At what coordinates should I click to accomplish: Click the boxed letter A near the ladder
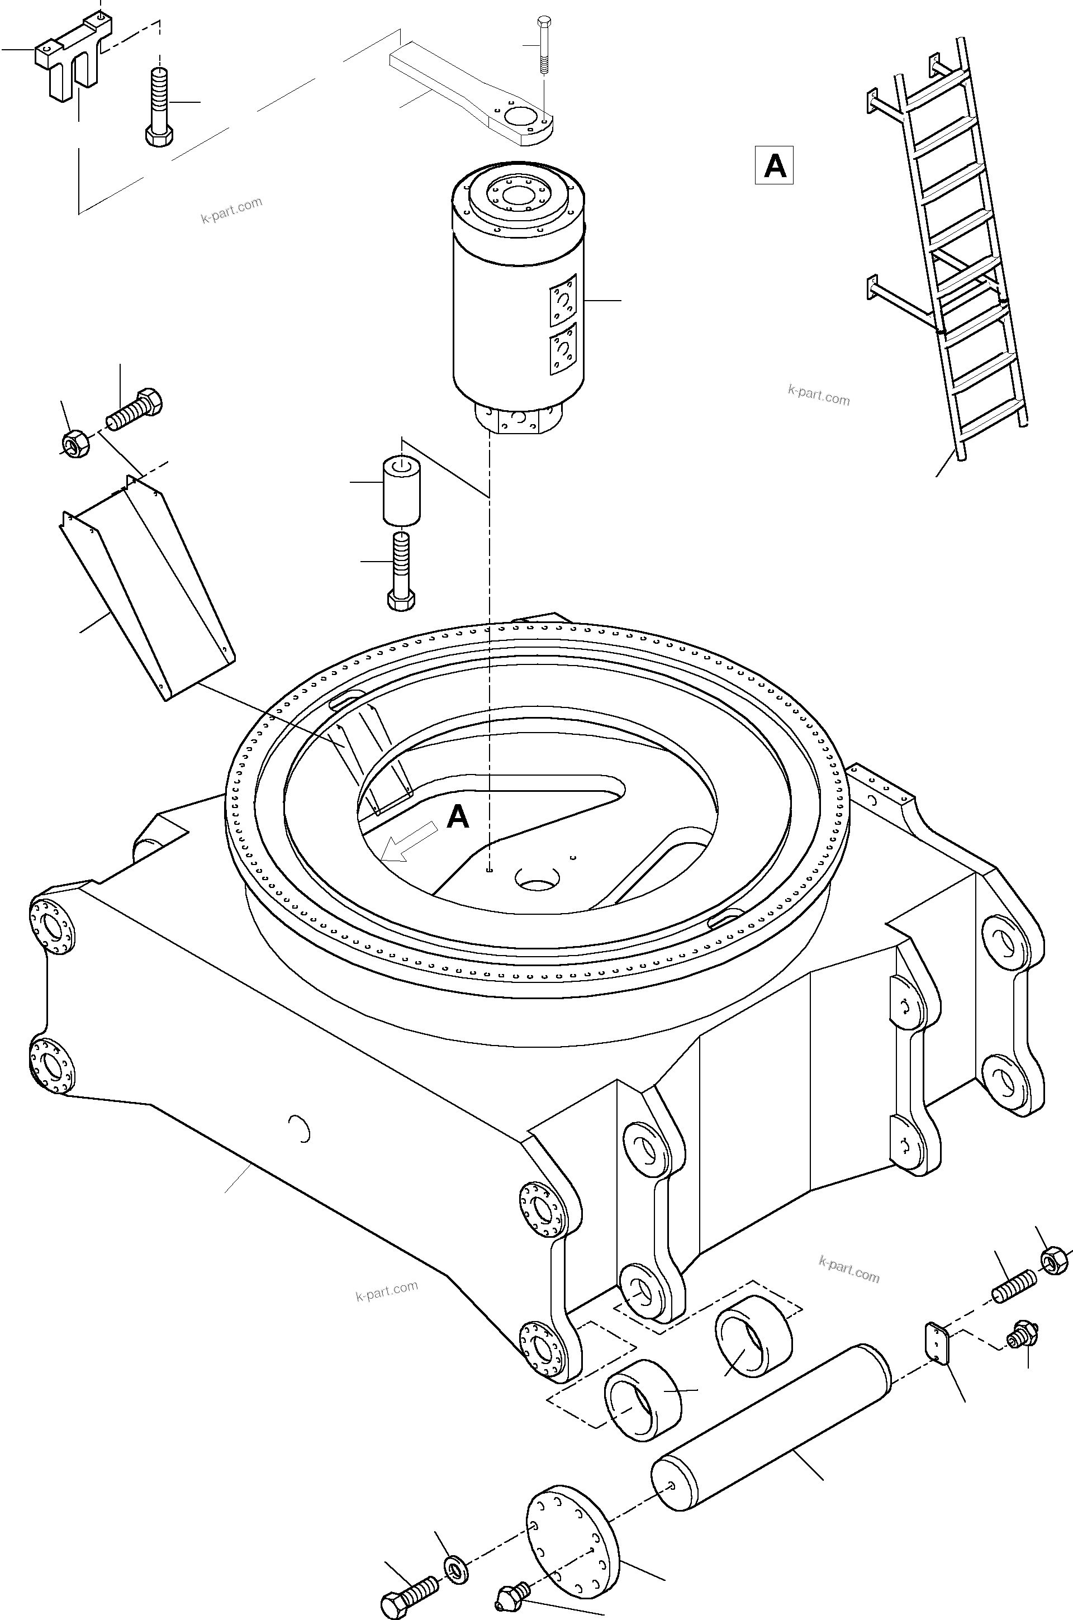tap(774, 165)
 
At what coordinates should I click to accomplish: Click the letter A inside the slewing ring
tap(457, 817)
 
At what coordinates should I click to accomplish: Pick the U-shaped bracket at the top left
tap(73, 59)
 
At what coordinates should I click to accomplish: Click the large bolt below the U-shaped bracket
tap(159, 106)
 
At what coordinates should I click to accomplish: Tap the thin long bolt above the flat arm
tap(543, 45)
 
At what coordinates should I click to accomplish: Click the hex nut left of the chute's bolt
tap(76, 444)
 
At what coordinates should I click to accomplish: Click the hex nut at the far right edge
tap(1055, 1260)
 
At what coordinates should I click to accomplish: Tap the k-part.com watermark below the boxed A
tap(819, 395)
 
